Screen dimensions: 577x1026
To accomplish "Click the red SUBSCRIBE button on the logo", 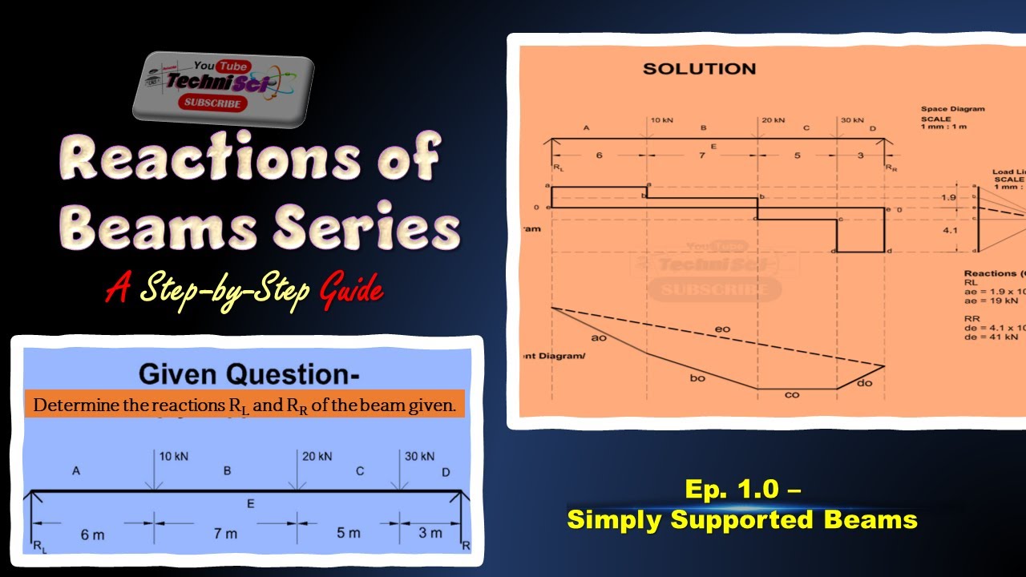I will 212,103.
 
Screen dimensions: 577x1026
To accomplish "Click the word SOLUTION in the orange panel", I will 699,69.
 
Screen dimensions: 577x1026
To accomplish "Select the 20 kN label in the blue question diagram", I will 317,457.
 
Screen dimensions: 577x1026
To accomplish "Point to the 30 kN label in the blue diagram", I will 419,457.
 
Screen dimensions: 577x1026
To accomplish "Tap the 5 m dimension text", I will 349,533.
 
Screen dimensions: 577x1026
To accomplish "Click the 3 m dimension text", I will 430,533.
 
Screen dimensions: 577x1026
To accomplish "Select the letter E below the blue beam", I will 251,504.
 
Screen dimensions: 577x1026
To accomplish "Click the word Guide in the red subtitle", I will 351,289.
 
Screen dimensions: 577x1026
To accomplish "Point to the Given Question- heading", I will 249,374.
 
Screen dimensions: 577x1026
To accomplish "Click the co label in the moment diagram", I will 792,394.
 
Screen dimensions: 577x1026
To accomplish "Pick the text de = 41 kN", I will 991,337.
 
